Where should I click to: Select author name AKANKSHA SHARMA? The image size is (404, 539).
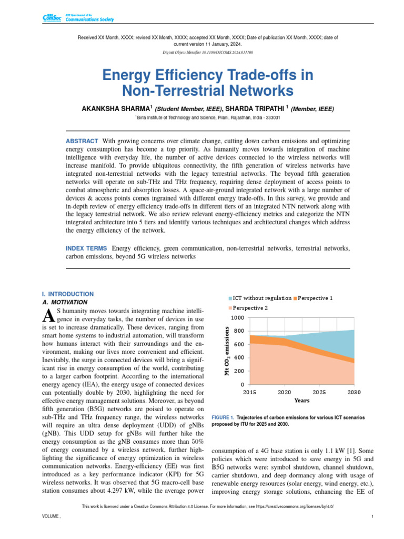115,108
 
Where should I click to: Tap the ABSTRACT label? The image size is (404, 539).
82,141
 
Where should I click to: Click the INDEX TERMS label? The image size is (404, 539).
87,248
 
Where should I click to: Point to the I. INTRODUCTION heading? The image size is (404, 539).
67,294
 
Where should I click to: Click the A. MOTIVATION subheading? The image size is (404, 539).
64,303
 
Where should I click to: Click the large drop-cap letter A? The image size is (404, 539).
47,316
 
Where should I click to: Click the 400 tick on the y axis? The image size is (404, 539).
239,358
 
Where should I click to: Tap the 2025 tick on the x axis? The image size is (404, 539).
319,392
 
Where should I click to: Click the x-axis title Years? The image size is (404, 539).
301,401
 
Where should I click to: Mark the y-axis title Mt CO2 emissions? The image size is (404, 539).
227,351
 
